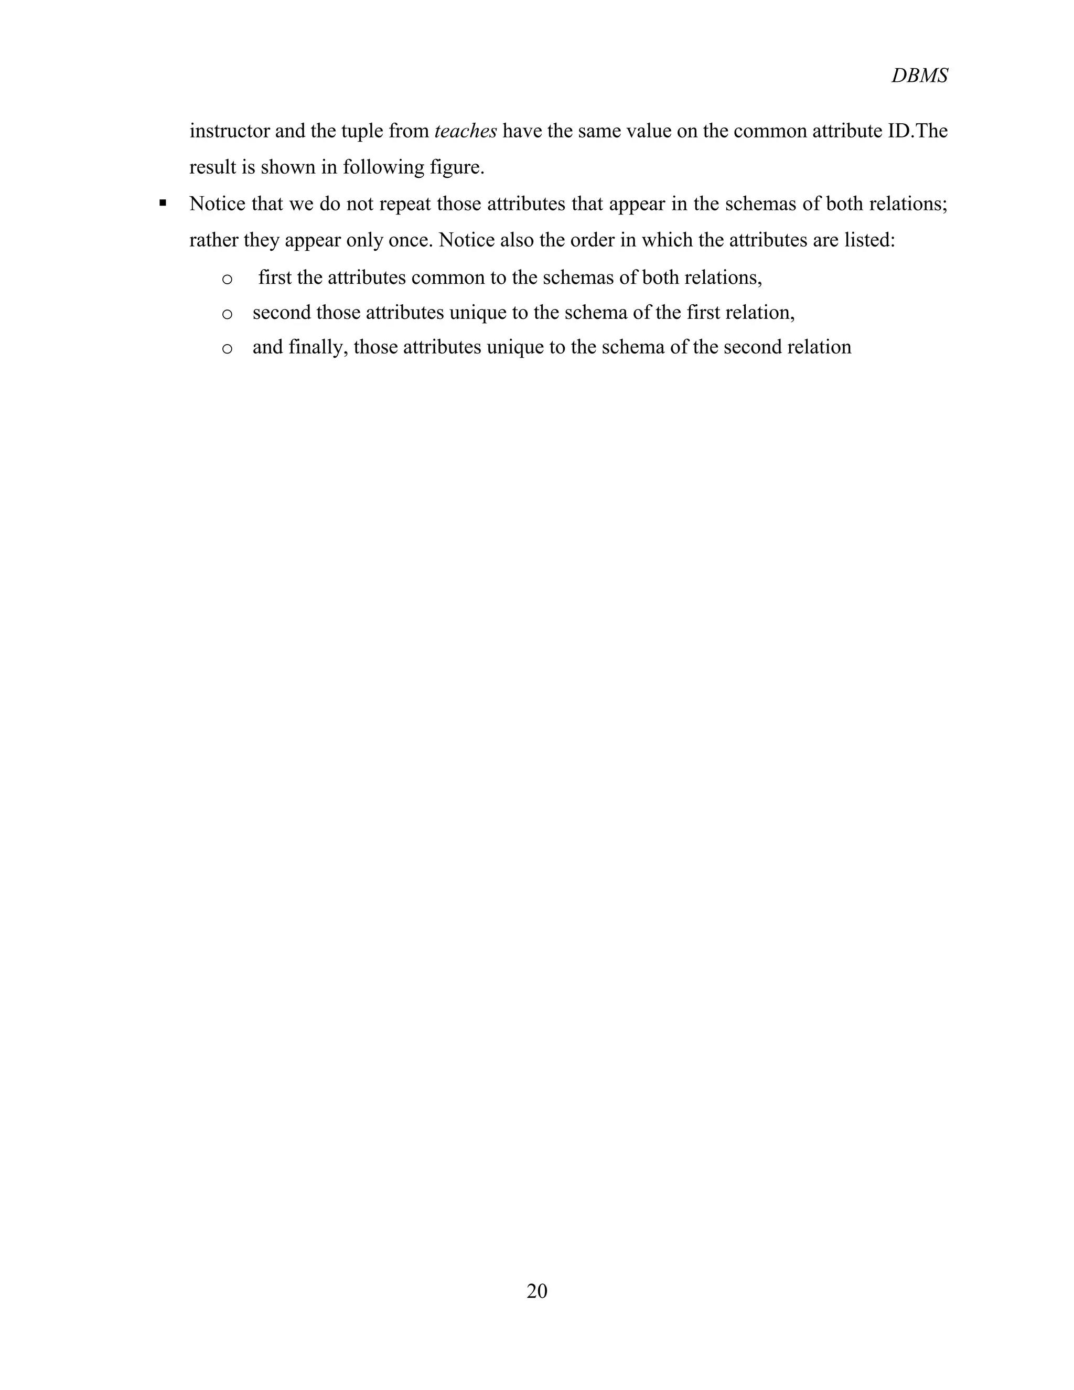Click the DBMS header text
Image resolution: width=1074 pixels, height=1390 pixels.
919,76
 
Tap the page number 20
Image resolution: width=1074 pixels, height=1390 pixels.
537,1291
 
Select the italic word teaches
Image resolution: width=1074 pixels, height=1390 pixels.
465,131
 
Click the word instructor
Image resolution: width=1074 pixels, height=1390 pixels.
229,131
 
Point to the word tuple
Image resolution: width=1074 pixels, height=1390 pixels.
361,131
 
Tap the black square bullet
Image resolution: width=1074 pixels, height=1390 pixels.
163,204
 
